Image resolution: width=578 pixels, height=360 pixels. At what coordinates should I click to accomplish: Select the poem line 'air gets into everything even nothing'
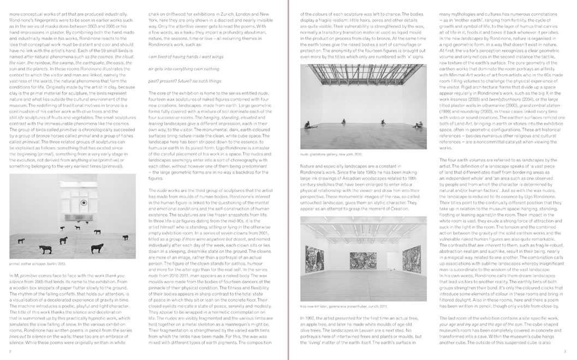tap(176, 69)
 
